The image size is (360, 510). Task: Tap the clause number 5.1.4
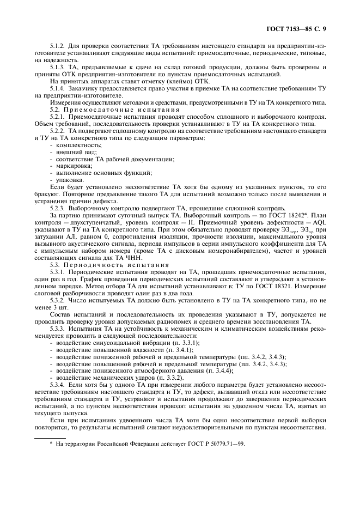(58, 88)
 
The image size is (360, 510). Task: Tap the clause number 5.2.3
(58, 208)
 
